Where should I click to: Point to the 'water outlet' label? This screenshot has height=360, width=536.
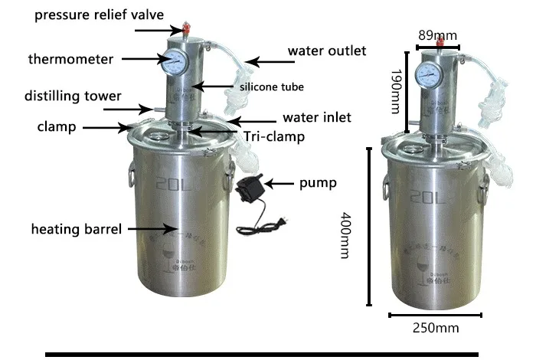tap(326, 51)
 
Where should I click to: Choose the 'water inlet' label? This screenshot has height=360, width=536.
tap(317, 118)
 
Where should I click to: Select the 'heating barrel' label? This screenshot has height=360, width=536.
tap(76, 228)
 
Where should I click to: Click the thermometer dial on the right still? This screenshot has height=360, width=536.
tap(427, 75)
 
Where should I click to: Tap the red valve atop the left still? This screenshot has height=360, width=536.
tap(184, 28)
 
